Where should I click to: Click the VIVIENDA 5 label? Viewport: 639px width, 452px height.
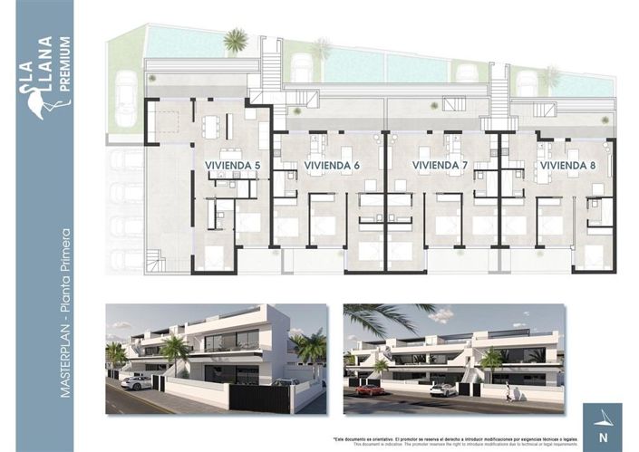[233, 165]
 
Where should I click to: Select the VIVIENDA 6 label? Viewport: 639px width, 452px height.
[332, 165]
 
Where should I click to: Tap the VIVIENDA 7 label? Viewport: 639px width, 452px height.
[440, 165]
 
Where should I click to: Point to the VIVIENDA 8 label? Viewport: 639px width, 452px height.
[566, 165]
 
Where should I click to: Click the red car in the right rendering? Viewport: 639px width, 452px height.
[368, 389]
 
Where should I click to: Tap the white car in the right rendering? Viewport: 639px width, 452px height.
[442, 389]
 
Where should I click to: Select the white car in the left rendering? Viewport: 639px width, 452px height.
[136, 383]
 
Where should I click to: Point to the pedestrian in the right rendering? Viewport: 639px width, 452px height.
[508, 391]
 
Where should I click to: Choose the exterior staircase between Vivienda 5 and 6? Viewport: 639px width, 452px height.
[269, 77]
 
